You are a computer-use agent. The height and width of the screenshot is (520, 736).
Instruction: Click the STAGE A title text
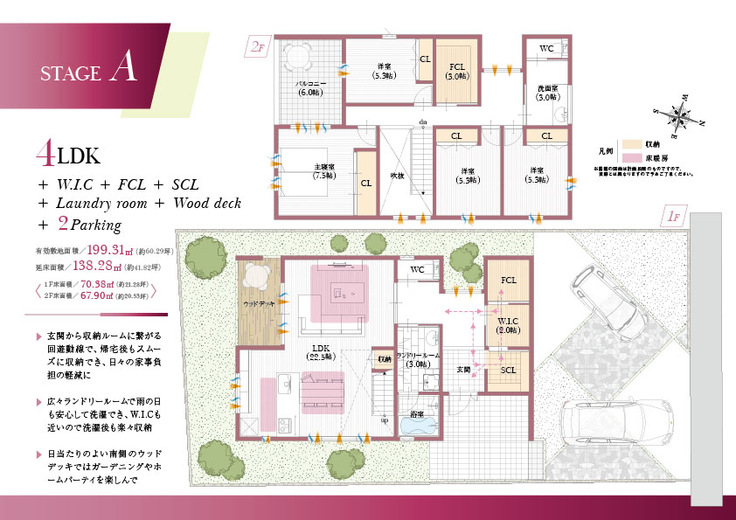click(88, 71)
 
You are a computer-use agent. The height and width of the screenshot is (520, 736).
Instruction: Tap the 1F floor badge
click(674, 216)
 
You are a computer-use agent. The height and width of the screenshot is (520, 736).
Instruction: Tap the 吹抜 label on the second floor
click(396, 175)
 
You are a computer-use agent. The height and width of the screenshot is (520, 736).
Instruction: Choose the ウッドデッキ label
click(259, 303)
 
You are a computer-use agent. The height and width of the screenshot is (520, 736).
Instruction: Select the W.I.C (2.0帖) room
click(508, 325)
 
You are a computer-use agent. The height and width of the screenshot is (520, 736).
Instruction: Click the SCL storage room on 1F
click(508, 370)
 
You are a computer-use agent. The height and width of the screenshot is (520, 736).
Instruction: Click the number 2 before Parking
click(62, 222)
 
